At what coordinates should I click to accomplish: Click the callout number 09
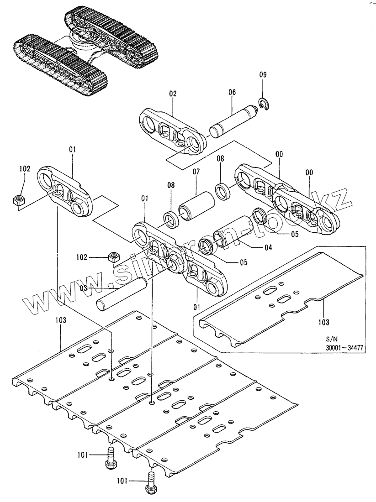(262, 74)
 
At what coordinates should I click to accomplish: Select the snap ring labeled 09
(263, 104)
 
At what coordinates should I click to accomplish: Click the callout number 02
(172, 94)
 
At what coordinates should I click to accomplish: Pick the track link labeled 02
(171, 131)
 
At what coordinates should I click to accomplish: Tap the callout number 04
(268, 248)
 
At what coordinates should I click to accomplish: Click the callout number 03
(83, 288)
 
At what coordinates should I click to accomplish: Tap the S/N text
(331, 339)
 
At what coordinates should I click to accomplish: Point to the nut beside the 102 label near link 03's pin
(113, 257)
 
